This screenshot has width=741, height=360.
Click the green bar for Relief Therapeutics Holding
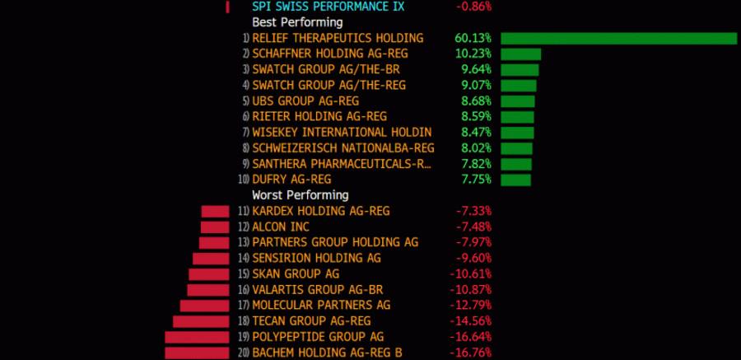[x=618, y=38]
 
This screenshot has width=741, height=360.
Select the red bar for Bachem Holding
[x=197, y=353]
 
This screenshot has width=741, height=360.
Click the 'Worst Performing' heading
[x=300, y=195]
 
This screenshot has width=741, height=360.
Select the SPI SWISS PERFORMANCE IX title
[x=329, y=7]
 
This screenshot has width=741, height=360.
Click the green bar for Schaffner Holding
[x=520, y=54]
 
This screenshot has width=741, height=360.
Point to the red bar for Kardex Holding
[x=215, y=211]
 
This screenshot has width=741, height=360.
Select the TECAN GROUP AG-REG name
[x=311, y=321]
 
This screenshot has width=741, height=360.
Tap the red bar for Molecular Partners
[x=204, y=306]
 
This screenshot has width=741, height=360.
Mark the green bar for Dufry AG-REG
[x=515, y=179]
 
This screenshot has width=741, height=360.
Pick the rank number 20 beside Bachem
[x=243, y=353]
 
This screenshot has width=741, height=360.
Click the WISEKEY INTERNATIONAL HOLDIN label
[x=342, y=132]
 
